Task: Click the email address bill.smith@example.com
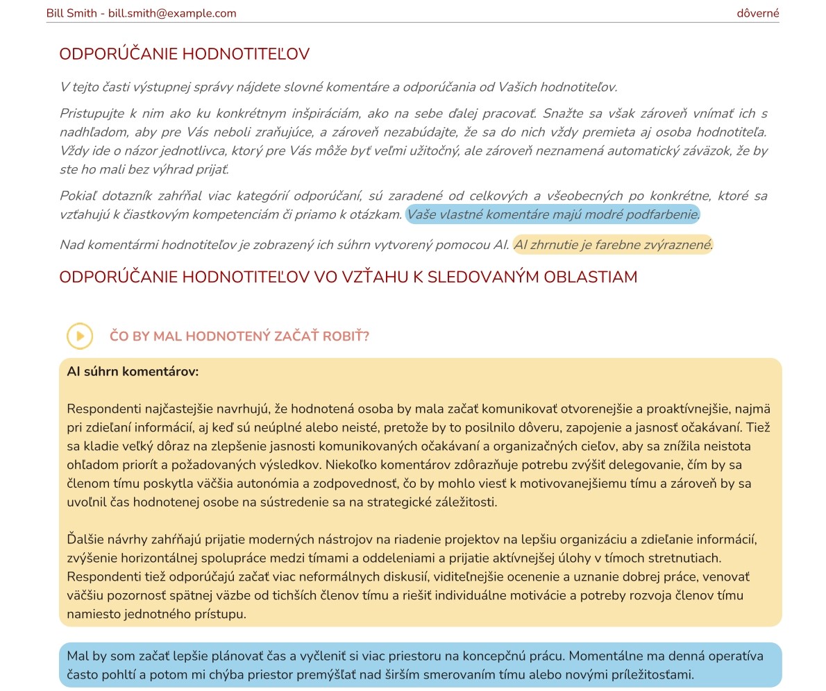pyautogui.click(x=172, y=13)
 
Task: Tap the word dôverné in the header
pyautogui.click(x=758, y=13)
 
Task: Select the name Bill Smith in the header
pyautogui.click(x=71, y=13)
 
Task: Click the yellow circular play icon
pyautogui.click(x=80, y=336)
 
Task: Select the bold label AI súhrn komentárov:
pyautogui.click(x=133, y=372)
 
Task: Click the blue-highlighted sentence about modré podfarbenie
pyautogui.click(x=553, y=214)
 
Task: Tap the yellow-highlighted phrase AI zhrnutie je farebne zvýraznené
pyautogui.click(x=613, y=245)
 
